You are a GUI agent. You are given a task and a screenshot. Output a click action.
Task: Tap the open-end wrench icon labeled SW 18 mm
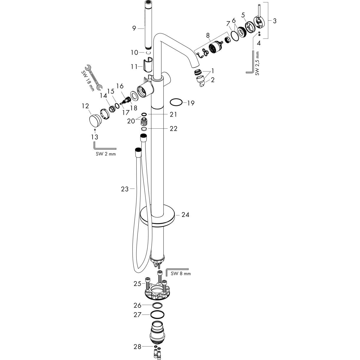[x=94, y=77]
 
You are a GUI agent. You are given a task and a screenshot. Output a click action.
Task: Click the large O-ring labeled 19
[x=176, y=103]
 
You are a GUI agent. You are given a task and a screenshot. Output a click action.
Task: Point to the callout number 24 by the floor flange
[x=185, y=215]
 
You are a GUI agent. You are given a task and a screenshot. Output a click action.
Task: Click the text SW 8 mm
[x=181, y=274]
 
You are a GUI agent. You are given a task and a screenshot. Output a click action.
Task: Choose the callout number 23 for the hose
[x=125, y=189]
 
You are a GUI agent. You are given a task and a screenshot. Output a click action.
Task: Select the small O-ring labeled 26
[x=157, y=305]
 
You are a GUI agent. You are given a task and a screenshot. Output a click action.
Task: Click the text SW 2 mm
[x=106, y=154]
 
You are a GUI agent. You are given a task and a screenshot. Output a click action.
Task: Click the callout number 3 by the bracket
[x=275, y=21]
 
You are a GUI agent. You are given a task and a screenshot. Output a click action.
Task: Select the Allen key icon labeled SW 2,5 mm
[x=251, y=63]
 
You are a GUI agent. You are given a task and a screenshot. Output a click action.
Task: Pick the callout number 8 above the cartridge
[x=208, y=35]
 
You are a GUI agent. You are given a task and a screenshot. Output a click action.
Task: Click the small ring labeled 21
[x=144, y=114]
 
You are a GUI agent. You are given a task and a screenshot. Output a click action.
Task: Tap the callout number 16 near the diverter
[x=120, y=86]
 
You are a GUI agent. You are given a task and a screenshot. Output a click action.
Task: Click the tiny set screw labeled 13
[x=94, y=130]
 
